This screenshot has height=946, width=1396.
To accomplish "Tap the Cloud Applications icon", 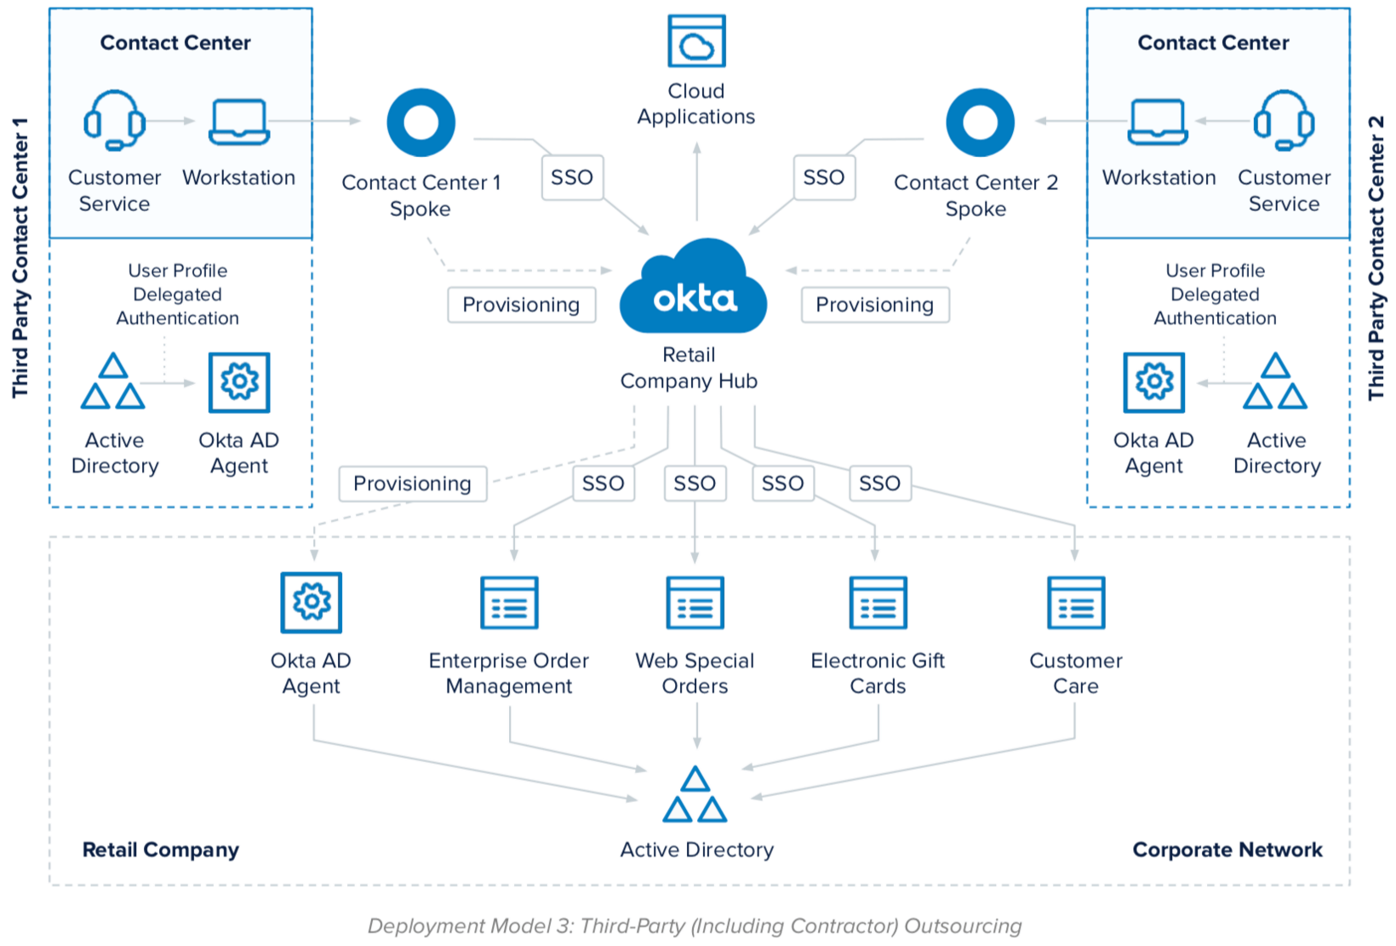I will (696, 41).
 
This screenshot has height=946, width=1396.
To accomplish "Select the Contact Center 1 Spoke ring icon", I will (421, 123).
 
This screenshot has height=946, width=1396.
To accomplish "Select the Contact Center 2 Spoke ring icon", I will (980, 123).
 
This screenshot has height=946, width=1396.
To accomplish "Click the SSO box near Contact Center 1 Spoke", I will (572, 177).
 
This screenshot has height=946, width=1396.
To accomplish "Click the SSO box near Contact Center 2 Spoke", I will (823, 177).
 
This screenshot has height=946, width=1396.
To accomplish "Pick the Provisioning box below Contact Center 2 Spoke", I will (874, 305).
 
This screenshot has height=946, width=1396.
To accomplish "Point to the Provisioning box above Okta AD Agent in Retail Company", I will (412, 484).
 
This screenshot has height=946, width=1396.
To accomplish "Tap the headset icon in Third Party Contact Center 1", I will (114, 120).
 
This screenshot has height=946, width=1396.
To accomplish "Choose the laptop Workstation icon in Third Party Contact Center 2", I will (1157, 122).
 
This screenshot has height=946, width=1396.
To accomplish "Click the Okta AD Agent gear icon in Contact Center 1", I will (239, 382).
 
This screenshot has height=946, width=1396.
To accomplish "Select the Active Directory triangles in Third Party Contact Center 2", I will (1275, 382).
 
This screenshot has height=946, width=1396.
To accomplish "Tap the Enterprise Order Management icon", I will (509, 603).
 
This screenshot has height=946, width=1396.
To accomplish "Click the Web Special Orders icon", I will (695, 603).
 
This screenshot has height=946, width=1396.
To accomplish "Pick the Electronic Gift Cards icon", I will (878, 603).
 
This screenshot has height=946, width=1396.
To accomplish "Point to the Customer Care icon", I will (1076, 603).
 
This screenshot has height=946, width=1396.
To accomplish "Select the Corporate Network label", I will (1227, 850).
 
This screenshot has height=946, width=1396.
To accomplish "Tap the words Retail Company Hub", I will (689, 368).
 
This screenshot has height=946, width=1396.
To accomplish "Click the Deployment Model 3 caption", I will (695, 926).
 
